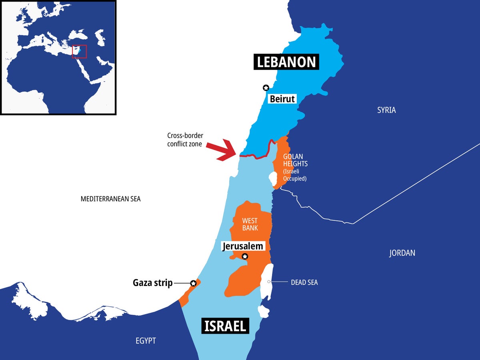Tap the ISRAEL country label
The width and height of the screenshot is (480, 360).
225,326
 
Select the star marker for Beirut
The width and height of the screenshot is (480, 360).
266,88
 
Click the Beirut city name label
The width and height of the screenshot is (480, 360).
282,98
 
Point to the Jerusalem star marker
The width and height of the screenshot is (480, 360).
245,256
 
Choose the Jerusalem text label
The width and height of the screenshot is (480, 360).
243,246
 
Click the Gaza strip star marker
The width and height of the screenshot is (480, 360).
193,283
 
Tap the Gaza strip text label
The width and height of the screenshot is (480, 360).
152,283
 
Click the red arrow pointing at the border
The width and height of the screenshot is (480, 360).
224,150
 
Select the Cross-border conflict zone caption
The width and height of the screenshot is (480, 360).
184,140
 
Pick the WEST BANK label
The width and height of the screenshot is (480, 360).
250,224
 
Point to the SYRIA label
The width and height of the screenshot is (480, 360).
386,110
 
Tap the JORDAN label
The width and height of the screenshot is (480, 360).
402,253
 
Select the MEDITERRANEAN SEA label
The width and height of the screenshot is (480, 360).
110,199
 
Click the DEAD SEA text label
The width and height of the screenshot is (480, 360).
304,282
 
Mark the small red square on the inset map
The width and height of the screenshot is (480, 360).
79,51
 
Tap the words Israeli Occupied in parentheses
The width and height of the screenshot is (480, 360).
295,175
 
